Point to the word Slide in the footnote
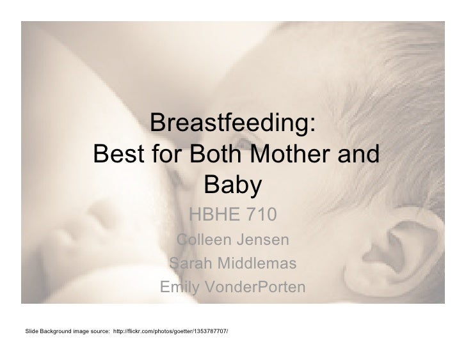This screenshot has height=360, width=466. (x=30, y=331)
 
